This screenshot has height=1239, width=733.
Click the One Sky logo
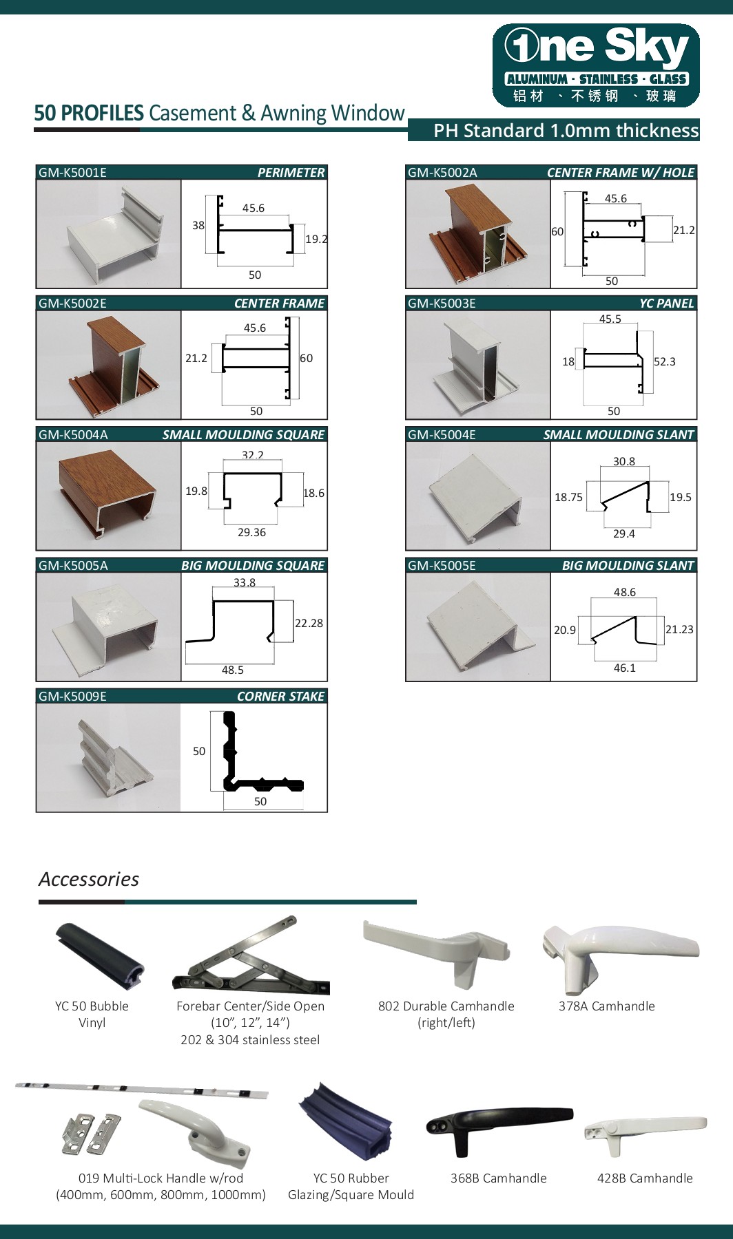point(596,65)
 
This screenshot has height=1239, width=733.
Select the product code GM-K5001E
point(72,173)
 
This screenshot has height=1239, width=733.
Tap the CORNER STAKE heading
point(280,697)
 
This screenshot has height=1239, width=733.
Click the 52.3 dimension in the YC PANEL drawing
point(664,362)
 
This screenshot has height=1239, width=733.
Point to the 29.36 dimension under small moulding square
point(251,533)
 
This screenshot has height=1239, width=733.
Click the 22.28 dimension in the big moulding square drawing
point(309,623)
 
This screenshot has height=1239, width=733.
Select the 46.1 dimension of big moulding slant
point(624,668)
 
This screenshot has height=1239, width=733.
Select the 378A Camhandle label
point(606,1006)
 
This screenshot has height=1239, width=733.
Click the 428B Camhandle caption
point(644,1178)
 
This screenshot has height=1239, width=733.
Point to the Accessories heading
point(89,879)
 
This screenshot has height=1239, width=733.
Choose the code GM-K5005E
point(442,566)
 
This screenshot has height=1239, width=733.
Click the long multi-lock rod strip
point(141,1090)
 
